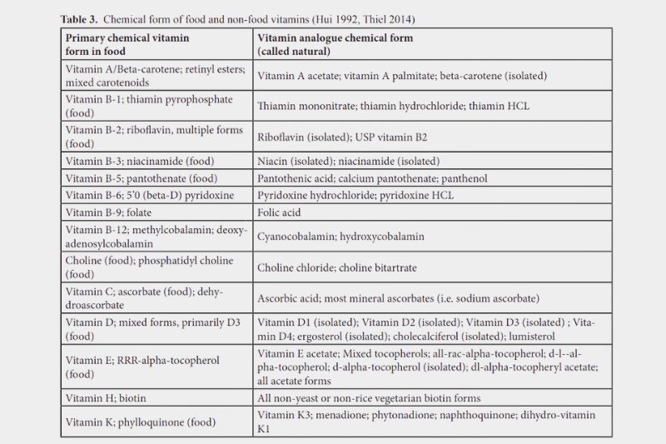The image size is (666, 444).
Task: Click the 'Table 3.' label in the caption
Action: pyautogui.click(x=81, y=17)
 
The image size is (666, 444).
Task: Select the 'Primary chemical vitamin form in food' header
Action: pyautogui.click(x=127, y=44)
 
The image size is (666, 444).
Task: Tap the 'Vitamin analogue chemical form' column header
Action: pyautogui.click(x=335, y=38)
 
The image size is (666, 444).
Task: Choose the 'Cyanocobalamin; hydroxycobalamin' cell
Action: pyautogui.click(x=340, y=237)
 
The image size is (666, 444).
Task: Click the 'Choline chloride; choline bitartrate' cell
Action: pyautogui.click(x=337, y=267)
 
